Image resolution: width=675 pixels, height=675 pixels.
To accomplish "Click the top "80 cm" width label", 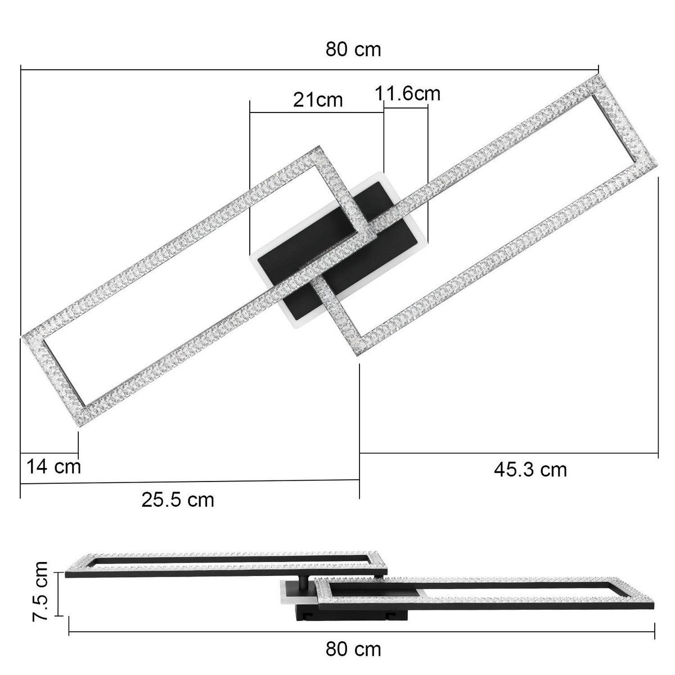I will pos(353,49).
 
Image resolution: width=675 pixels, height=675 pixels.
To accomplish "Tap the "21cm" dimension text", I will pos(317,100).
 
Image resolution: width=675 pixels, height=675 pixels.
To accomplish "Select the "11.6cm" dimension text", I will pos(408,93).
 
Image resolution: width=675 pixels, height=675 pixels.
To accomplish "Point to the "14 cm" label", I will pos(54,466).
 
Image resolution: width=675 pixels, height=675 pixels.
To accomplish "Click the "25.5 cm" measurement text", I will pos(178,499).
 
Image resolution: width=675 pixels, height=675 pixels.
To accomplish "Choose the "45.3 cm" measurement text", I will pos(530,469).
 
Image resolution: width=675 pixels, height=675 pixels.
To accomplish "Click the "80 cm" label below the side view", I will pos(353,649).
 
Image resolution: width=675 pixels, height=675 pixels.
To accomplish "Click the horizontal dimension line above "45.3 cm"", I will pos(509,453).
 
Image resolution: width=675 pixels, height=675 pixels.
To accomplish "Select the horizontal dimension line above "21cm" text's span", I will pos(317,113).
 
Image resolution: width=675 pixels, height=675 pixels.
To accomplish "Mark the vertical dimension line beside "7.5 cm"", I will pos(57,594).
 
